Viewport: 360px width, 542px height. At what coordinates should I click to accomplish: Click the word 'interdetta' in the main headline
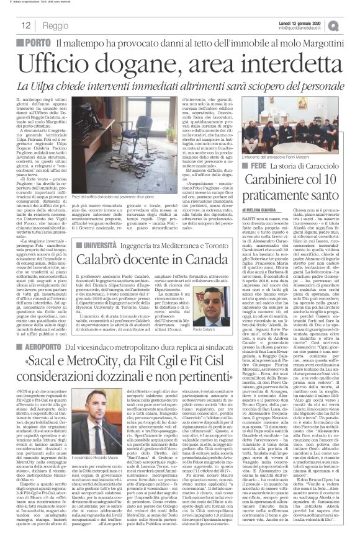coord(293,63)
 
